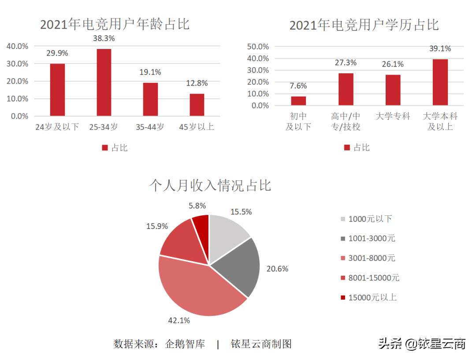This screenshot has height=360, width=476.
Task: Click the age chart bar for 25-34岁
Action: (104, 82)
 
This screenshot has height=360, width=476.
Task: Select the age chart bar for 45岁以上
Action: (197, 105)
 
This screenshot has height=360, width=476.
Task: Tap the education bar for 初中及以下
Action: (298, 101)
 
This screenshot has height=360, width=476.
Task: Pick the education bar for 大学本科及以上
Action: (440, 82)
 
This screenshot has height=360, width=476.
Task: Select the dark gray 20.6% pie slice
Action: (238, 265)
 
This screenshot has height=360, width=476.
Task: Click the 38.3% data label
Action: (104, 38)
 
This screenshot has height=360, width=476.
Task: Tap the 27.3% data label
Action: (346, 63)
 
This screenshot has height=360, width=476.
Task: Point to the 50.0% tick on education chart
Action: (258, 47)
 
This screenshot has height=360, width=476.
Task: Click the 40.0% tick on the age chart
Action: (17, 46)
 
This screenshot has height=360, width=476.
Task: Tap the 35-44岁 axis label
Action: (150, 127)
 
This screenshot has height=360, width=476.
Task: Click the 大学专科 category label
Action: (393, 116)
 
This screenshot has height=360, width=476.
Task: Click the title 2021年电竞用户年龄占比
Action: (115, 24)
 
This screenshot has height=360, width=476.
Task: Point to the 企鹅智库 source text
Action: (185, 344)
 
